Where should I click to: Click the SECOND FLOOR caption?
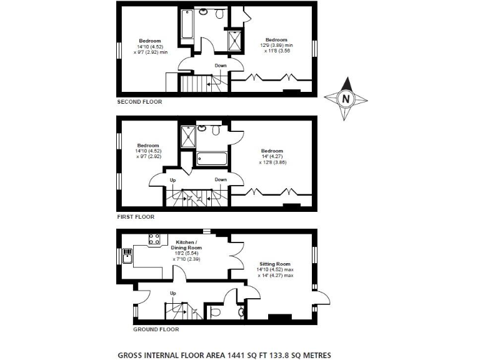coord(139,101)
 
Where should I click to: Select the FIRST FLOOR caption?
coord(136,217)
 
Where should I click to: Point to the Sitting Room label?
coord(275,265)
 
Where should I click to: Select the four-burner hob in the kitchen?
coord(154,238)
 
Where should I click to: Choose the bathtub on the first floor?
coord(211,159)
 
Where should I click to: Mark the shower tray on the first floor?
coord(187,136)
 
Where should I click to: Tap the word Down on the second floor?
coord(221,65)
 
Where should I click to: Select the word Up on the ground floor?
coord(173,292)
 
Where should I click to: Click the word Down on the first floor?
coord(221,179)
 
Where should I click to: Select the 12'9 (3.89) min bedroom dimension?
coord(276,45)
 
